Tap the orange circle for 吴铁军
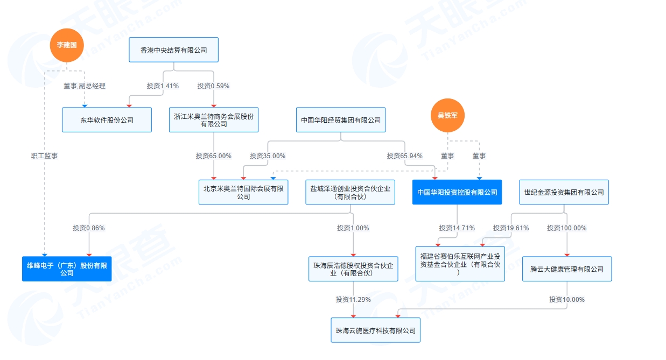coord(447,115)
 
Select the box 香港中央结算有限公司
coord(173,50)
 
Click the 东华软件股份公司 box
coord(107,120)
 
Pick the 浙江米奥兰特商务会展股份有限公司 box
coord(214,120)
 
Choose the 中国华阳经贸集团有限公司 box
coord(341,120)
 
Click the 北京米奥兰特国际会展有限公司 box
coord(243,192)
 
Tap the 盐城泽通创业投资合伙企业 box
coord(350,192)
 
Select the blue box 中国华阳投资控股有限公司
coord(457,192)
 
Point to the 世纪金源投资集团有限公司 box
coord(564,192)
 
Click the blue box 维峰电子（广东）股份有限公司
coord(67,269)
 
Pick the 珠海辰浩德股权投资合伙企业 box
coord(353,269)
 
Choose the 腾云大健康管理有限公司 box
coord(567,269)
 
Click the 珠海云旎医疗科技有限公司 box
coord(375,330)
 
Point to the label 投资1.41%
coord(163,86)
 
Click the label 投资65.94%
coord(404,156)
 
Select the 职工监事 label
coord(45,156)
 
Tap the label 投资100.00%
coord(566,228)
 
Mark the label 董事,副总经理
coord(85,86)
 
